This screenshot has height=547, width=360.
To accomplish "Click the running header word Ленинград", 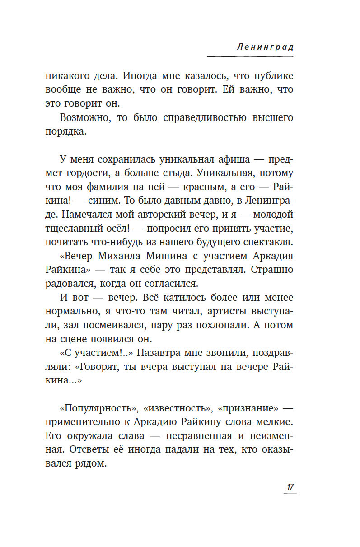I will pyautogui.click(x=265, y=47).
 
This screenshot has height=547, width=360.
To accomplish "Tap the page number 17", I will pyautogui.click(x=290, y=486).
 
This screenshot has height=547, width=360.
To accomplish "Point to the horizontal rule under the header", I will pyautogui.click(x=250, y=56).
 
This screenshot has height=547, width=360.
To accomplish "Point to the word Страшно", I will pyautogui.click(x=271, y=270).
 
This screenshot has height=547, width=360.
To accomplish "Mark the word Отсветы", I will pyautogui.click(x=102, y=450).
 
